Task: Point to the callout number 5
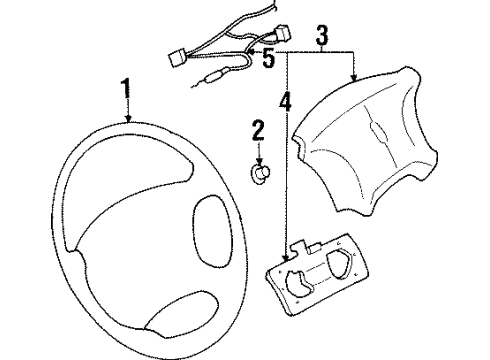(x=268, y=58)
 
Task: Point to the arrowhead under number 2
(x=258, y=160)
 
